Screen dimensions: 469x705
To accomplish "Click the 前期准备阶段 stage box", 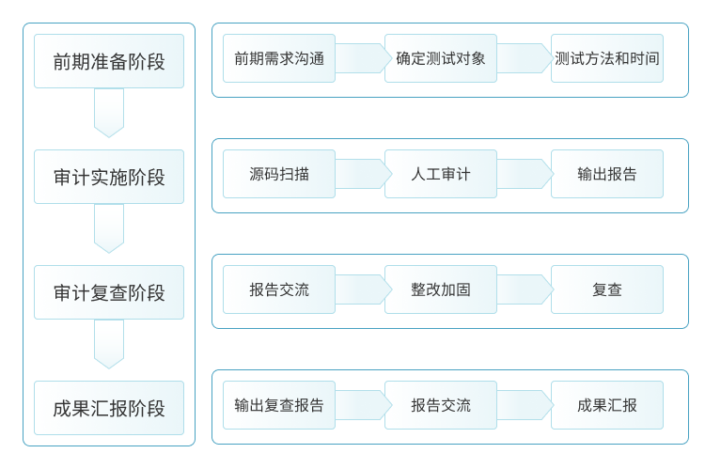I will click(109, 61).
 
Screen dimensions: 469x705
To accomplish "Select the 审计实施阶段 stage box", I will click(109, 177).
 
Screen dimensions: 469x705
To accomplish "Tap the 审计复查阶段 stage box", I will click(109, 292).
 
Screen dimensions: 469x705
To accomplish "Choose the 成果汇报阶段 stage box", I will click(109, 408).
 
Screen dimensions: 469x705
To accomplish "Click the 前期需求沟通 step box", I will click(279, 58).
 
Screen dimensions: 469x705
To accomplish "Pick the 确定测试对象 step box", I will click(440, 58).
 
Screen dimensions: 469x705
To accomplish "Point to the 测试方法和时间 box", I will click(606, 58).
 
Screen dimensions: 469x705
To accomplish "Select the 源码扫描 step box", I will click(279, 174).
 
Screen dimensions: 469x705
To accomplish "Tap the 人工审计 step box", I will click(440, 174).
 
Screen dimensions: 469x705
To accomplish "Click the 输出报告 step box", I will click(606, 174).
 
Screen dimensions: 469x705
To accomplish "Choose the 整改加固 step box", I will click(440, 289).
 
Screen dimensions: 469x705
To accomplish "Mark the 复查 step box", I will click(606, 289).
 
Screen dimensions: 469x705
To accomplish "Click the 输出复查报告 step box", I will click(279, 405).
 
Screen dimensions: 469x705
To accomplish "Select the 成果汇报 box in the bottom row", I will click(606, 405).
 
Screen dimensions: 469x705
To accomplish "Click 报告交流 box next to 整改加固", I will click(279, 289).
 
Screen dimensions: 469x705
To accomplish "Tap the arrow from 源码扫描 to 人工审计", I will click(362, 174).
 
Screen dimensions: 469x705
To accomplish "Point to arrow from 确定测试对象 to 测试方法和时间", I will click(524, 58).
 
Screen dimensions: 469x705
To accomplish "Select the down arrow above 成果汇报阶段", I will click(109, 344).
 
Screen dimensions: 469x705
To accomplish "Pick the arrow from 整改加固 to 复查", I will click(524, 289).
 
